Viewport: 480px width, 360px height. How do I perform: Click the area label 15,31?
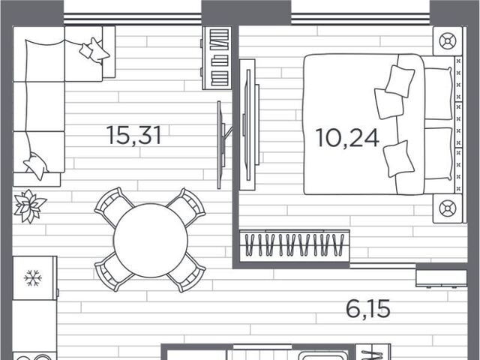tap(133, 136)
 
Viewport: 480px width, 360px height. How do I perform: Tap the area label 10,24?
tap(347, 138)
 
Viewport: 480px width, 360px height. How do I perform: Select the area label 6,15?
tap(368, 309)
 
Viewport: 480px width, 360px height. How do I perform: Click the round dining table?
tap(150, 241)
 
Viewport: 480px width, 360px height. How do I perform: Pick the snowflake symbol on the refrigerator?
tap(33, 278)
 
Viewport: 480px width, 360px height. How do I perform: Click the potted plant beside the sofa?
tap(30, 206)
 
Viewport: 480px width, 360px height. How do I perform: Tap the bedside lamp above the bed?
tap(448, 41)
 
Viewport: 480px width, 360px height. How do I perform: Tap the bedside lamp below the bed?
tap(448, 208)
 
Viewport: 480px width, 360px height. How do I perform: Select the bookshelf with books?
tap(217, 58)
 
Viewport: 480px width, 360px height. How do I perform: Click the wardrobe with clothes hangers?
tap(295, 245)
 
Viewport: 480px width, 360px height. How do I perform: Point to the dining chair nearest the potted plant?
tap(113, 208)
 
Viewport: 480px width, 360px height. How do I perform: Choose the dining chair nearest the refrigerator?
tap(113, 272)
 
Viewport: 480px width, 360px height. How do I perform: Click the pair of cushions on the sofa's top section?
tap(94, 50)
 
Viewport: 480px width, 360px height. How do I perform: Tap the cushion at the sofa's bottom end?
tap(36, 166)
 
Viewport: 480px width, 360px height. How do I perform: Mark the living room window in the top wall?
tap(132, 19)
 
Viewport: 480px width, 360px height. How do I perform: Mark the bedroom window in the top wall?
tap(360, 19)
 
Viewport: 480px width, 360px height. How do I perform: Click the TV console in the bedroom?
tap(249, 124)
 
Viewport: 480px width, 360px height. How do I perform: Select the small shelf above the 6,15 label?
tap(441, 278)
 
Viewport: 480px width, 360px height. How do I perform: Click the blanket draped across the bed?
tap(410, 124)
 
